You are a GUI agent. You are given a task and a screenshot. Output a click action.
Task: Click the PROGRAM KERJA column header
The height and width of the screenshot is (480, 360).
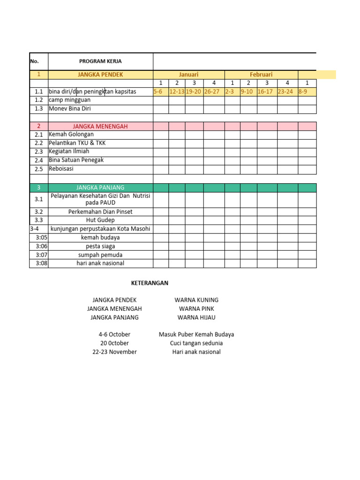[x=100, y=61]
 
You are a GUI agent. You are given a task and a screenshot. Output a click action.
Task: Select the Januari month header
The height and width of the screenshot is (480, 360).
[x=188, y=75]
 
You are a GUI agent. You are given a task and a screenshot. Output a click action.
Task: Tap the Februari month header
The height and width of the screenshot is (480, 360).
[x=261, y=75]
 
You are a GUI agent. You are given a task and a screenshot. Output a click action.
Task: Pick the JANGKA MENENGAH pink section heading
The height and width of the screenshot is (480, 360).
[x=100, y=126]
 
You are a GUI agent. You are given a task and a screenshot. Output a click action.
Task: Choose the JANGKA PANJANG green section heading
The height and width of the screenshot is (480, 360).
[x=100, y=187]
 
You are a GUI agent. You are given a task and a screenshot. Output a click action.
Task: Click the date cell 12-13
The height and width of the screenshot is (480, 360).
[x=177, y=92]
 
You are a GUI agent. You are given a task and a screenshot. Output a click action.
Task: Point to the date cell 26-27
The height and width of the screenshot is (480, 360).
[x=212, y=92]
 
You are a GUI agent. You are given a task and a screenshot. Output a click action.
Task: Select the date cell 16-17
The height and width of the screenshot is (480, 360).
[x=265, y=92]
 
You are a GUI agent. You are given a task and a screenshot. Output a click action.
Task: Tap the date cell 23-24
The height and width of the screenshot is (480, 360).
[x=285, y=92]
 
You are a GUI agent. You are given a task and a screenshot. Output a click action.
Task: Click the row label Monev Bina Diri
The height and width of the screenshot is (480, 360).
[x=70, y=109]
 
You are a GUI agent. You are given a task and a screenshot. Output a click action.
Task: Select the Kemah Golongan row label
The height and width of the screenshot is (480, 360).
[x=71, y=135]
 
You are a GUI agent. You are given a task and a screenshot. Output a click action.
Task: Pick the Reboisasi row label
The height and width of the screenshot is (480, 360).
[x=61, y=169]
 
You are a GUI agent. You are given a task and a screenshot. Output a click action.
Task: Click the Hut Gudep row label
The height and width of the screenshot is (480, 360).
[x=100, y=220]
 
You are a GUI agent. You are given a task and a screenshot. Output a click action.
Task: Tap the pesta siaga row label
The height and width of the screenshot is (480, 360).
[x=100, y=246]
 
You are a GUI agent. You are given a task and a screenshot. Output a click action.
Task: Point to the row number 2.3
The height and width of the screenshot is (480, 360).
[x=39, y=152]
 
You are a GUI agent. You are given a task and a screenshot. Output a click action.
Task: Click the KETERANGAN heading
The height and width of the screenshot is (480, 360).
[x=149, y=283]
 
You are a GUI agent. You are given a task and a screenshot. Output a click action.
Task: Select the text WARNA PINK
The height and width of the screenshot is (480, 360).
[x=196, y=309]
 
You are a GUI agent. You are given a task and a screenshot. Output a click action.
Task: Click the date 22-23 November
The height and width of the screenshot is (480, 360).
[x=114, y=352]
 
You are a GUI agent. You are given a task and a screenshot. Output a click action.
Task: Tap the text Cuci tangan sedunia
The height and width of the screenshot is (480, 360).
[x=196, y=343]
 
